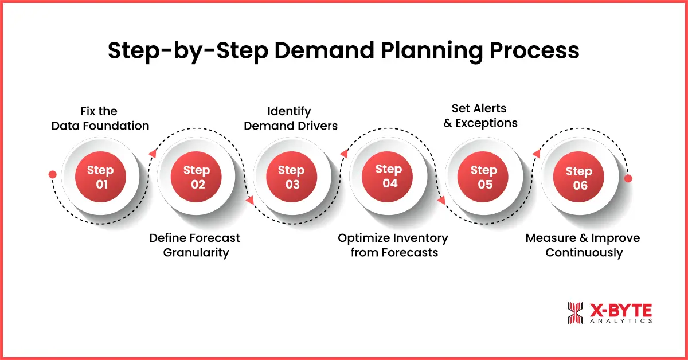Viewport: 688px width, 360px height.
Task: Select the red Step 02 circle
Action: [196, 177]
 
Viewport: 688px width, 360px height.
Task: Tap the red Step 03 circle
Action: [291, 177]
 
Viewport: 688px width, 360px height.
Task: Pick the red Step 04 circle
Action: [389, 176]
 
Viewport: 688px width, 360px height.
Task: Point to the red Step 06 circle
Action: [580, 178]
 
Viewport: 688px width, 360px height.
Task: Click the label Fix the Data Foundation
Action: [100, 118]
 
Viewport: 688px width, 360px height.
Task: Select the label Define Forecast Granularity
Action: [195, 245]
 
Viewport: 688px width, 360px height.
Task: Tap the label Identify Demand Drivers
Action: [291, 118]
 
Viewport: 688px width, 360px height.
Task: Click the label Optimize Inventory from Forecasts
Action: [393, 245]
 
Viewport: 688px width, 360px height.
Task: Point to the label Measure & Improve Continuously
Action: [583, 245]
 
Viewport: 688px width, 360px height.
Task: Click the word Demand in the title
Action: [327, 52]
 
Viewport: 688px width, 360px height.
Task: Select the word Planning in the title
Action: [432, 52]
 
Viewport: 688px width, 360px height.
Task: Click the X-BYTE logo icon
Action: [575, 313]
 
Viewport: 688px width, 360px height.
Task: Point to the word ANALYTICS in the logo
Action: [620, 322]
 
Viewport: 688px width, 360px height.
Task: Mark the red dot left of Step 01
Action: [53, 174]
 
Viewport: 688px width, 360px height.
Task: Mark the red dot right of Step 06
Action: [628, 179]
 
